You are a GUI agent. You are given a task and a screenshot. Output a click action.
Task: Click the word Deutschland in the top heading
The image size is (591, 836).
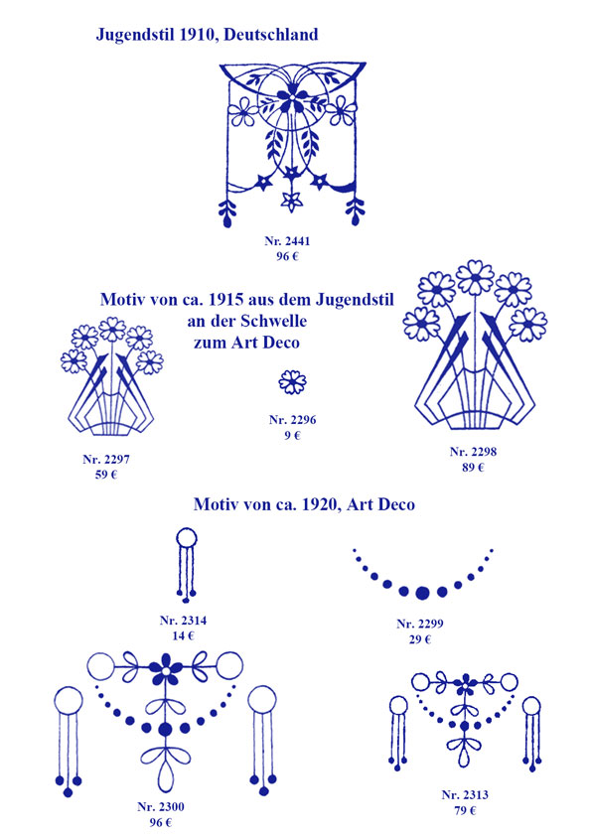click(x=271, y=35)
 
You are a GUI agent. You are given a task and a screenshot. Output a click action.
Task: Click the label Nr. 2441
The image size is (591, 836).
click(x=287, y=241)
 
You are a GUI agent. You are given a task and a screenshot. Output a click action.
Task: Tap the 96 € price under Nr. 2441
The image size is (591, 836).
click(x=287, y=256)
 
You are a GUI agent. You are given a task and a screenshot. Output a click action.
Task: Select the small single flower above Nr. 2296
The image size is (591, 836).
click(x=293, y=381)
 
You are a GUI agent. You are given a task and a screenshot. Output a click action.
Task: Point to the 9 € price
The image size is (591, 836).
click(x=292, y=436)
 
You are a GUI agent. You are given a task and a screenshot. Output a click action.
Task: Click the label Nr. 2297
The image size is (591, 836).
click(x=106, y=459)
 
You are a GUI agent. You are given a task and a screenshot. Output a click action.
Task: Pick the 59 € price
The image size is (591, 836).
click(x=106, y=475)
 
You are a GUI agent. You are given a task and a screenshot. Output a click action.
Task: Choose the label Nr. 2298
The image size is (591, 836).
click(x=473, y=452)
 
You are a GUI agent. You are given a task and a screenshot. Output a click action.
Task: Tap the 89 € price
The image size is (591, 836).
click(x=473, y=468)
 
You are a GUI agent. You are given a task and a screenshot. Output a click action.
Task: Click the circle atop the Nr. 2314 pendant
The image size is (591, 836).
click(x=186, y=538)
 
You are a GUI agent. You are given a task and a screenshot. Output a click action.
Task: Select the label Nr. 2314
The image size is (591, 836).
click(x=183, y=621)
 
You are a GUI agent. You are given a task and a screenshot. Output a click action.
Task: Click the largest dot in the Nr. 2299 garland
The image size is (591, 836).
click(x=422, y=592)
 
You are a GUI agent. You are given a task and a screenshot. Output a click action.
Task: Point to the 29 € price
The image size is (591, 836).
click(x=420, y=639)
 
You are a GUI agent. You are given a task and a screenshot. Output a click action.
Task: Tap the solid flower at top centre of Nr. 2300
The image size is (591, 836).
click(x=166, y=668)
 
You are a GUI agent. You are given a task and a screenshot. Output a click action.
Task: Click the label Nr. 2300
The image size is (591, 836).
click(x=161, y=807)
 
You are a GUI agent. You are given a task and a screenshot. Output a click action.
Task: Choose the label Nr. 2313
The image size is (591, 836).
click(x=465, y=795)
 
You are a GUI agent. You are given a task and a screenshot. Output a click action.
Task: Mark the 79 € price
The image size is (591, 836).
click(x=465, y=810)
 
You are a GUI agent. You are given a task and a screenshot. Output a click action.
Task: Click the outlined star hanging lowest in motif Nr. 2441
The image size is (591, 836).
click(x=292, y=202)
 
